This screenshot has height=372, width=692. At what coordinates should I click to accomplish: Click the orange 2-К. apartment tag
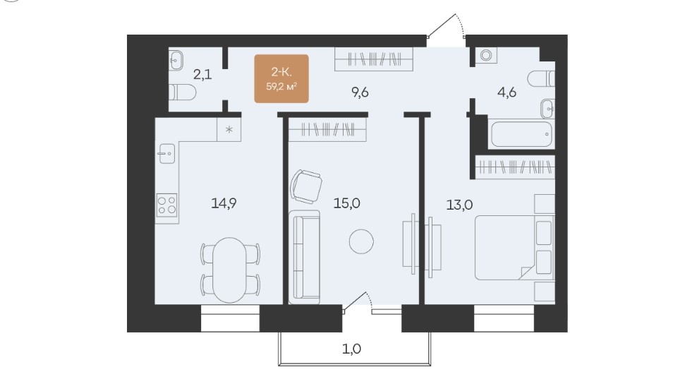(x=281, y=78)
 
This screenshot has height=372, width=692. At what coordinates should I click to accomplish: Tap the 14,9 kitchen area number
(x=224, y=203)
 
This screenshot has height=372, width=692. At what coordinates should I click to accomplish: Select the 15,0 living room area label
(x=347, y=203)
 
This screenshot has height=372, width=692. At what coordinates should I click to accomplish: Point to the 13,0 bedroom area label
(x=459, y=205)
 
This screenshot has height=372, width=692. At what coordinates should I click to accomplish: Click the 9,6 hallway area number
(x=360, y=92)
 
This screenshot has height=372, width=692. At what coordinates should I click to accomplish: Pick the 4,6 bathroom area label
(x=506, y=92)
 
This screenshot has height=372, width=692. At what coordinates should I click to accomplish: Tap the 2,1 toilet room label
(x=202, y=74)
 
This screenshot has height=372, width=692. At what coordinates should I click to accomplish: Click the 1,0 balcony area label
(x=352, y=349)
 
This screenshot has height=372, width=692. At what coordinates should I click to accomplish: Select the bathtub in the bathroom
(x=521, y=134)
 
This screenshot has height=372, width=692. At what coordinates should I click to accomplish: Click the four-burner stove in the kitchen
(x=166, y=205)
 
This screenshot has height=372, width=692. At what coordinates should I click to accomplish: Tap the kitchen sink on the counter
(x=166, y=154)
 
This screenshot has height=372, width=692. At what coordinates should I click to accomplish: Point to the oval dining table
(x=229, y=270)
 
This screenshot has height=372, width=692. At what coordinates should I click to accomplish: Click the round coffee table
(x=361, y=241)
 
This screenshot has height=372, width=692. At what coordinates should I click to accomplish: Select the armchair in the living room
(x=306, y=186)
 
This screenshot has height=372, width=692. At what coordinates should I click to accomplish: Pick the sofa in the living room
(x=305, y=257)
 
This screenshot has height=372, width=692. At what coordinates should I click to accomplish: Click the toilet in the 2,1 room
(x=182, y=92)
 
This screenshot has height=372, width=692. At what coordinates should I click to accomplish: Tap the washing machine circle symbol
(x=486, y=55)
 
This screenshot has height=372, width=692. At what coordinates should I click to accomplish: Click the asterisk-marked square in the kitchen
(x=229, y=129)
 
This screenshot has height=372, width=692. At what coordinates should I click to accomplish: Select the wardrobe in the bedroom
(x=515, y=167)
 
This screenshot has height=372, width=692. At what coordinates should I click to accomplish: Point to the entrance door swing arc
(x=461, y=23)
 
